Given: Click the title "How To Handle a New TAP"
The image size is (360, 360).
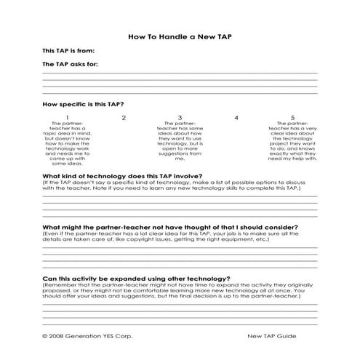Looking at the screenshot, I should point(180,34).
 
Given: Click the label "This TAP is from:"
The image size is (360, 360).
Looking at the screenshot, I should point(69,51).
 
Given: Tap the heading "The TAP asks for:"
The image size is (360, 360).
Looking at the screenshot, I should point(71,64).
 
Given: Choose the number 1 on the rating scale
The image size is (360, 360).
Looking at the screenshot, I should point(68,117).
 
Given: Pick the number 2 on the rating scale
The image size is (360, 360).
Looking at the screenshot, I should point(124,117).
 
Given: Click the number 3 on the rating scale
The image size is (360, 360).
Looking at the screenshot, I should point(180,117).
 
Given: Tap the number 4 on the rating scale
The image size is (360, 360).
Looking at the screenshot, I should point(236,117).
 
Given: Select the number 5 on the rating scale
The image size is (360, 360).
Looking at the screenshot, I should point(292,117).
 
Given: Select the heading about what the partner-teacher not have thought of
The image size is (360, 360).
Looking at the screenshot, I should point(152,226).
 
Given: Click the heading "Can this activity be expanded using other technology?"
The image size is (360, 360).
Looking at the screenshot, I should point(137,277).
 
